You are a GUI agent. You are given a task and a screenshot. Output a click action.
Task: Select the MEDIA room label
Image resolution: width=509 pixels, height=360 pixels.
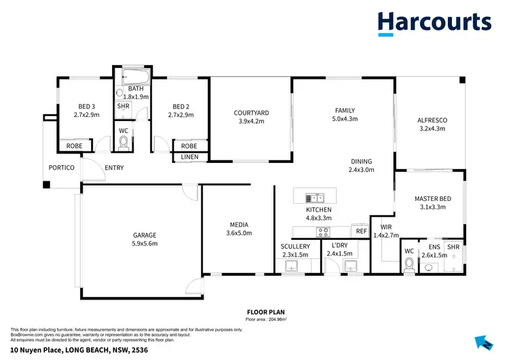point(239,225)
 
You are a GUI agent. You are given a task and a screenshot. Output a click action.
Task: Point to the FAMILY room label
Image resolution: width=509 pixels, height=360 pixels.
point(345,110)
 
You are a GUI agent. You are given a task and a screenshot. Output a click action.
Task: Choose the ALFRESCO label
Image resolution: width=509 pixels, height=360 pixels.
point(432,120)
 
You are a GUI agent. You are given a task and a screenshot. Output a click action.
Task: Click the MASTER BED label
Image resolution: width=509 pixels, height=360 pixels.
point(430,199)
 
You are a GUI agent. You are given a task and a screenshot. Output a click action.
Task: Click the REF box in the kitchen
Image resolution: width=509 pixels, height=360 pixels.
point(361,232)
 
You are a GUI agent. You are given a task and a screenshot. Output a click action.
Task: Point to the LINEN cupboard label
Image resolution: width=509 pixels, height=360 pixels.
point(190,158)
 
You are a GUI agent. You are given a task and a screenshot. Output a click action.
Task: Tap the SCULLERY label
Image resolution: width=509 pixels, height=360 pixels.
point(295,246)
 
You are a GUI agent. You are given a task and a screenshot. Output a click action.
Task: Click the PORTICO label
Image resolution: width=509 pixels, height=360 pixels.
point(60,168)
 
